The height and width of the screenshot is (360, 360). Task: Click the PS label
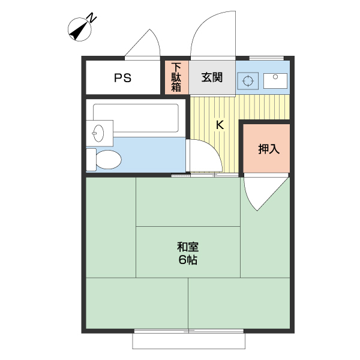click(x=123, y=77)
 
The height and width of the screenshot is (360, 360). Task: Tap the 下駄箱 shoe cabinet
click(x=176, y=77)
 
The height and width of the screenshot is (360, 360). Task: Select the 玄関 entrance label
click(x=212, y=77)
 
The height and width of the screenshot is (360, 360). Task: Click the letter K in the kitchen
click(x=220, y=125)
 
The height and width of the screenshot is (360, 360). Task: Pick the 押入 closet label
click(x=269, y=149)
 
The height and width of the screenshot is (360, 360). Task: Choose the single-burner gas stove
click(x=248, y=80)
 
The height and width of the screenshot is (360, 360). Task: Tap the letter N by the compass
click(x=92, y=17)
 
